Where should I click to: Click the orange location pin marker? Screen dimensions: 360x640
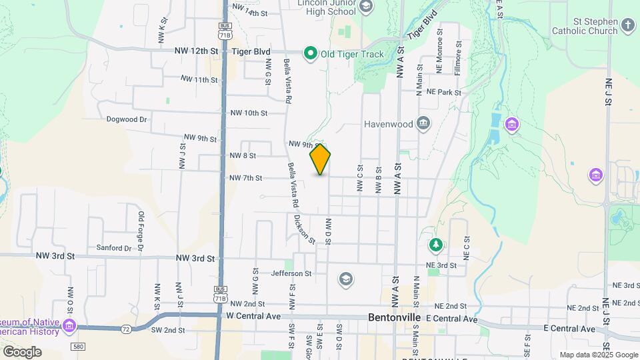pyautogui.click(x=320, y=159)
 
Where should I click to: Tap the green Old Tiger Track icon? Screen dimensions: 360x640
pyautogui.click(x=310, y=53)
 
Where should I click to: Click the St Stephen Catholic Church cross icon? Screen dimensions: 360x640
pyautogui.click(x=627, y=25)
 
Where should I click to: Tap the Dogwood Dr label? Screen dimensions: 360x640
pyautogui.click(x=126, y=119)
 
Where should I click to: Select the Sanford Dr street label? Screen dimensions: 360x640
pyautogui.click(x=113, y=248)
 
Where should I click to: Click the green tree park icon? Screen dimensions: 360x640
pyautogui.click(x=435, y=245)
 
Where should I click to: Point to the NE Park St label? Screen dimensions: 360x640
pyautogui.click(x=444, y=92)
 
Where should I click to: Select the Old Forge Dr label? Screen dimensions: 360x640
pyautogui.click(x=141, y=232)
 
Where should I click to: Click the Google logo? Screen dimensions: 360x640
pyautogui.click(x=22, y=351)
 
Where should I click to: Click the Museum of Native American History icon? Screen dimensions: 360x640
pyautogui.click(x=70, y=325)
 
